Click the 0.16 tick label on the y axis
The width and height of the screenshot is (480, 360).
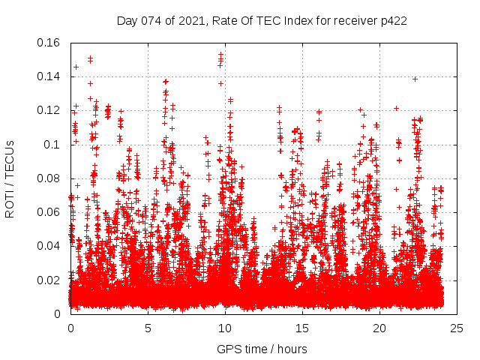click(x=50, y=43)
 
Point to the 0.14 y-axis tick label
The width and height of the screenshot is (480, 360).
click(x=50, y=76)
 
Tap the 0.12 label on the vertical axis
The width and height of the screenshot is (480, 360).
click(x=50, y=110)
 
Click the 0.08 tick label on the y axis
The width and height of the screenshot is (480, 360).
click(x=50, y=178)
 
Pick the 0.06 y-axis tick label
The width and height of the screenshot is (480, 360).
click(x=50, y=212)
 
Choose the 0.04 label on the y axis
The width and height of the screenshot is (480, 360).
click(x=50, y=246)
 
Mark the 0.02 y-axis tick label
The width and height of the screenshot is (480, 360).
click(x=50, y=280)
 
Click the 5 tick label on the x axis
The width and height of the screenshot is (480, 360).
click(x=148, y=328)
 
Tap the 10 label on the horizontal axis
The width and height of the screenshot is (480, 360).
click(x=225, y=328)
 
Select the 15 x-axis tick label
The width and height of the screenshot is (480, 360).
click(x=302, y=328)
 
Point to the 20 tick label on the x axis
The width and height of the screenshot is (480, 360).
click(x=379, y=328)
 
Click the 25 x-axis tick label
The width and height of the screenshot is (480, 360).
click(x=457, y=328)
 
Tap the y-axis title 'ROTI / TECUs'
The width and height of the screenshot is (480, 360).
click(x=10, y=178)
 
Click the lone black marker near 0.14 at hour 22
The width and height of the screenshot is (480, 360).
click(x=415, y=79)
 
